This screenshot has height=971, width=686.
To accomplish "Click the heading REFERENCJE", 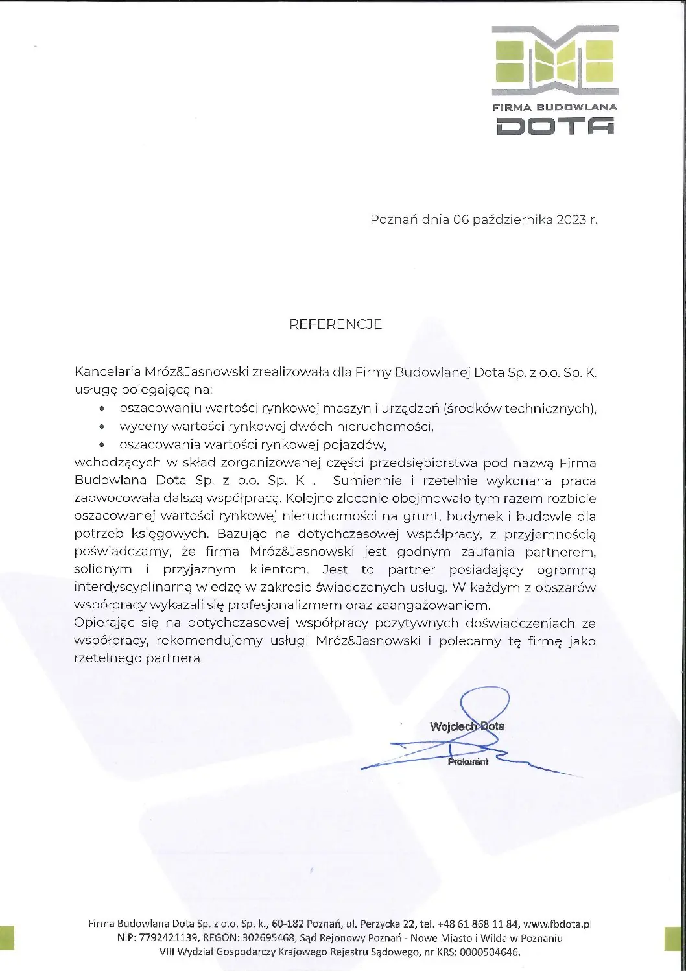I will coord(335,324).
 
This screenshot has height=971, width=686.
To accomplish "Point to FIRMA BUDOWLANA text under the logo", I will coord(556,107).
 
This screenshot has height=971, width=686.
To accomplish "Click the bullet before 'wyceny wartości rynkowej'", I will coord(102,427).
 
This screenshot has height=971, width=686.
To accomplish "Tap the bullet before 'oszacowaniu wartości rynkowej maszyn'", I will coord(102,409).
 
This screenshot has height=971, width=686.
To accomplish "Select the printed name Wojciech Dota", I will coord(467,726).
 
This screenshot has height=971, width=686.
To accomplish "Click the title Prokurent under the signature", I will coord(467,762).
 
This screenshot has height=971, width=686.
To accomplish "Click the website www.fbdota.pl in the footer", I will coord(557,924).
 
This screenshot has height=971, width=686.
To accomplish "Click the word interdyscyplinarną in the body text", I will coord(126,588).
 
